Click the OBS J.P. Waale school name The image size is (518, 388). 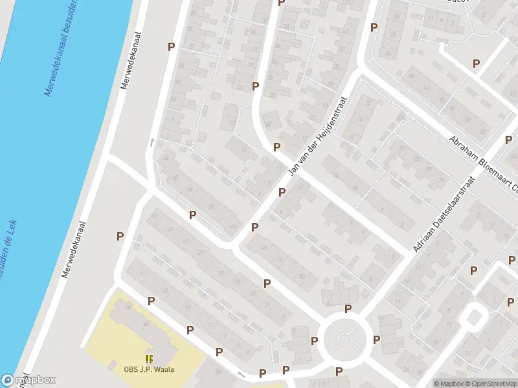click(150, 370)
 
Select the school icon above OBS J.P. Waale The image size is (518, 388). click(150, 359)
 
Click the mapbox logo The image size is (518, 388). click(28, 380)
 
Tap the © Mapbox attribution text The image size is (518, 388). click(449, 383)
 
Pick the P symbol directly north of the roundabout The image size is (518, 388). click(348, 308)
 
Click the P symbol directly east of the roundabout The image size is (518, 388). click(376, 339)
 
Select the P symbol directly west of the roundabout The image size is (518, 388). click(315, 341)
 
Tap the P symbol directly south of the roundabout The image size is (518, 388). click(339, 371)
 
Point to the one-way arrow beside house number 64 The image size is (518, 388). click(153, 142)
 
